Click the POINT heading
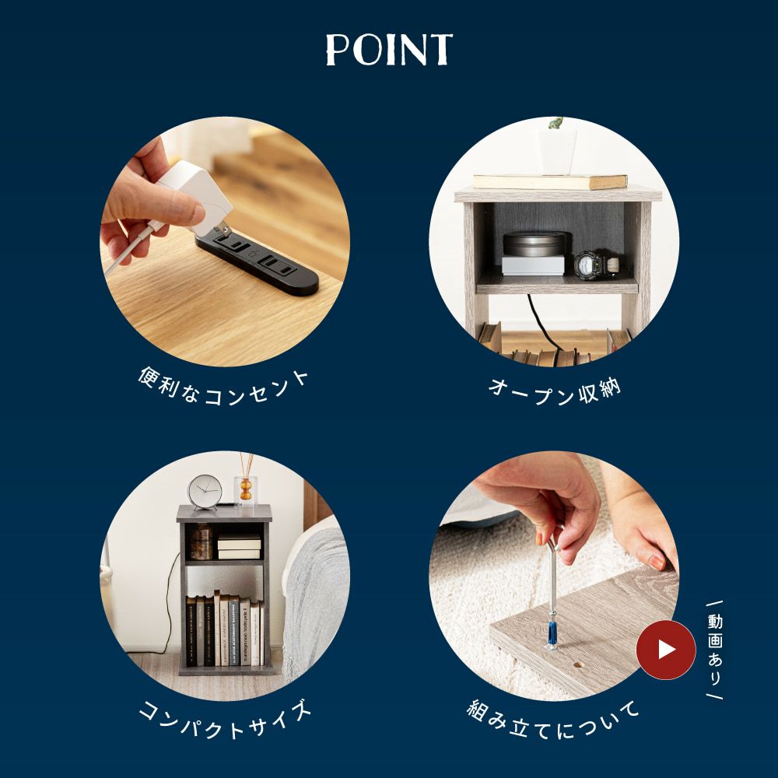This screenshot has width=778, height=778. click(x=389, y=50)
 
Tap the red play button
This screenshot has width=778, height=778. click(x=666, y=650)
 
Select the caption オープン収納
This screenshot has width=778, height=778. click(x=555, y=392)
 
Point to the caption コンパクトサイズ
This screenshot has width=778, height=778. click(x=225, y=720)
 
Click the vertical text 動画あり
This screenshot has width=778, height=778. click(x=714, y=650)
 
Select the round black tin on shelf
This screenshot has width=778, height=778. click(x=535, y=244)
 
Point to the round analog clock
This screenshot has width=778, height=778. click(x=205, y=492)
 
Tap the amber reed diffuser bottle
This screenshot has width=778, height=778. click(x=246, y=489)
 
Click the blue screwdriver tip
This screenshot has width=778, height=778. click(x=552, y=636)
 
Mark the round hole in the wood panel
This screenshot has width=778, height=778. click(x=576, y=664)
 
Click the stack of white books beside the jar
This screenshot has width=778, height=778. click(x=239, y=547)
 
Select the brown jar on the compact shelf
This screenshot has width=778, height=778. click(x=202, y=541)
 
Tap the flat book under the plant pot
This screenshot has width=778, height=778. click(x=550, y=181)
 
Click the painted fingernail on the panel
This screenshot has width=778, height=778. click(x=657, y=562)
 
